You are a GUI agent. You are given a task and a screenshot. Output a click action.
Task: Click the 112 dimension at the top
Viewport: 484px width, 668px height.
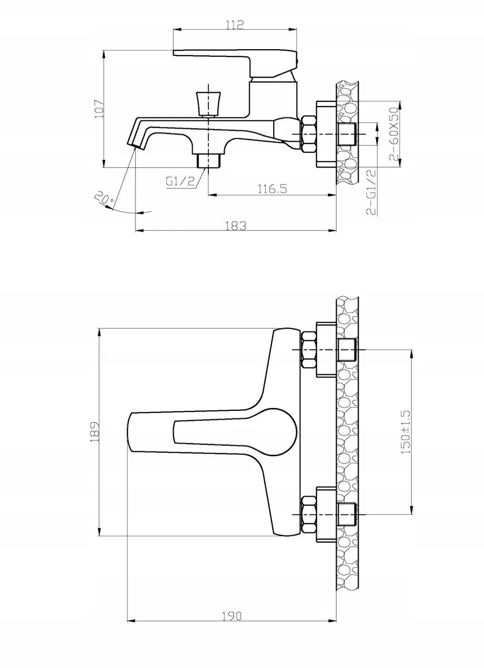click(235, 24)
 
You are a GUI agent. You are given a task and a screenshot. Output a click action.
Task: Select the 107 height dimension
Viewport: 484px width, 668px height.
click(99, 109)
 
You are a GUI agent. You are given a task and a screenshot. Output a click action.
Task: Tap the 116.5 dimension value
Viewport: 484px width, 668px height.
click(272, 188)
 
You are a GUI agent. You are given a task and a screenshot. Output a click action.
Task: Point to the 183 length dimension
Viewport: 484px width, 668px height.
click(236, 226)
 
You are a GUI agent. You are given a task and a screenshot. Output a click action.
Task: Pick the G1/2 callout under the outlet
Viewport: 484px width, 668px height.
click(180, 181)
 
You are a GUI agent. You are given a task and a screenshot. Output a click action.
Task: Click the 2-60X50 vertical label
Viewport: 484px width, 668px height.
click(394, 134)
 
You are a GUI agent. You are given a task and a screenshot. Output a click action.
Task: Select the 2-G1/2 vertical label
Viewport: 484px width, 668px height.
click(371, 192)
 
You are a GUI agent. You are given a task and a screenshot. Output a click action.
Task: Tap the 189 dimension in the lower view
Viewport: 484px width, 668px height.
click(95, 431)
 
